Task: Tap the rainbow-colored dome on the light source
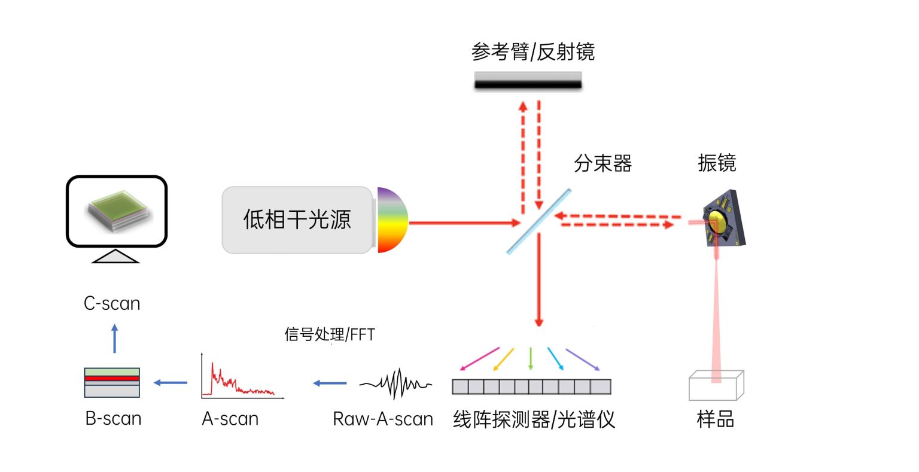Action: tap(391, 220)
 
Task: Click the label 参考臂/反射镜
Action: tap(532, 52)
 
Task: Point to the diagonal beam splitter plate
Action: tap(538, 222)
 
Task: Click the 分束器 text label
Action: tap(602, 163)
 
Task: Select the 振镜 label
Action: tap(716, 163)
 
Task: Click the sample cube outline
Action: tap(716, 385)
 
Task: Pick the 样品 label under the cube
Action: tap(715, 419)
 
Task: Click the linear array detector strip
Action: tap(531, 387)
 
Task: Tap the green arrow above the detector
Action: tap(531, 358)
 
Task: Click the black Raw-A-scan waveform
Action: tap(395, 383)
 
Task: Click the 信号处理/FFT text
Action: tap(330, 334)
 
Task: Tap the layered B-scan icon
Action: tap(112, 383)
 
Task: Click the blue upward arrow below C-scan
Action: tap(115, 339)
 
